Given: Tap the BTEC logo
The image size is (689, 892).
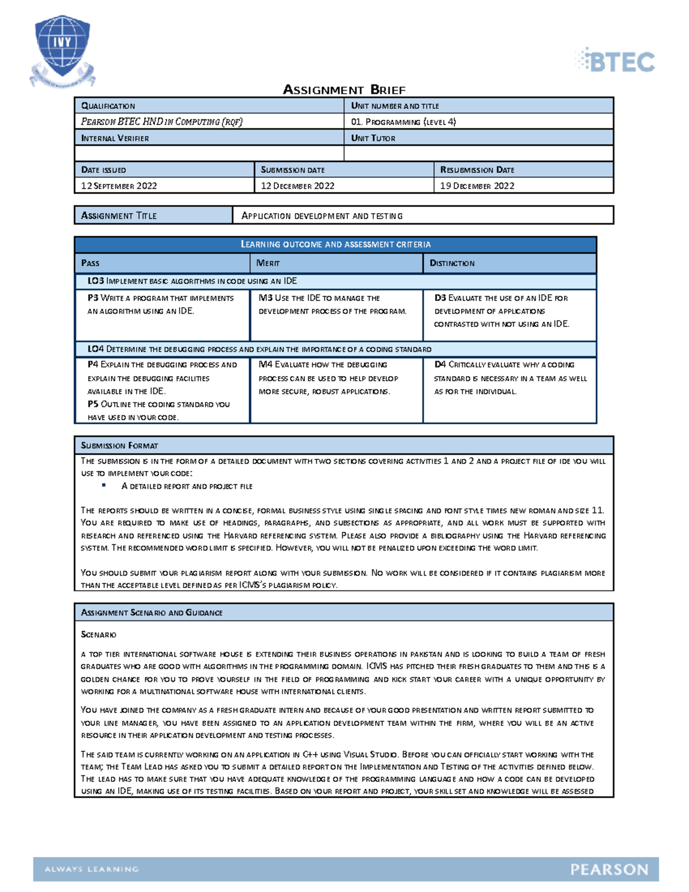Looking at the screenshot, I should click(616, 61).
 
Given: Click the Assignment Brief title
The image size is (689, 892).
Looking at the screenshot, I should click(344, 90).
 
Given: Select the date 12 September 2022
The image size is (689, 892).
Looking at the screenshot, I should click(119, 186).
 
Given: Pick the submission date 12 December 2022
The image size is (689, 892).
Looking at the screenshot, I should click(297, 186).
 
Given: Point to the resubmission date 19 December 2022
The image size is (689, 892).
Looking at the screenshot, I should click(477, 186).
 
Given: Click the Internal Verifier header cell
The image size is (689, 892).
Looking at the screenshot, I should click(115, 138).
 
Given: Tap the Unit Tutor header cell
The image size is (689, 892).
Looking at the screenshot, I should click(373, 138).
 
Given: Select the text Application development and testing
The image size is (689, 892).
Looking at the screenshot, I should click(322, 216).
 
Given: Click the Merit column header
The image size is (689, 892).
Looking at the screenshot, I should click(268, 263).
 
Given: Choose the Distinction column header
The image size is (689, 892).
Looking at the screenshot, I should click(452, 263).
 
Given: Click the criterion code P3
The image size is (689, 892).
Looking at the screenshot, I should click(93, 298).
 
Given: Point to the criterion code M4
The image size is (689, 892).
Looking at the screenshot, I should click(265, 364).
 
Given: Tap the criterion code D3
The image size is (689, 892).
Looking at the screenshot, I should click(440, 298).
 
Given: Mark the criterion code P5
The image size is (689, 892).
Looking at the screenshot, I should click(93, 404).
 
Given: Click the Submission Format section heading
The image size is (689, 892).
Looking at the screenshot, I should click(119, 445).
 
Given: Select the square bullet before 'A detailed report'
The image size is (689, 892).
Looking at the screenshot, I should click(104, 485).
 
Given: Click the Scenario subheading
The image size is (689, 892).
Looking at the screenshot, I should click(98, 634).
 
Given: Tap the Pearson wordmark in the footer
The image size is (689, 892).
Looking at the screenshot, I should click(609, 870).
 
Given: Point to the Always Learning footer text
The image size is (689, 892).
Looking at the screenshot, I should click(92, 869).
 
